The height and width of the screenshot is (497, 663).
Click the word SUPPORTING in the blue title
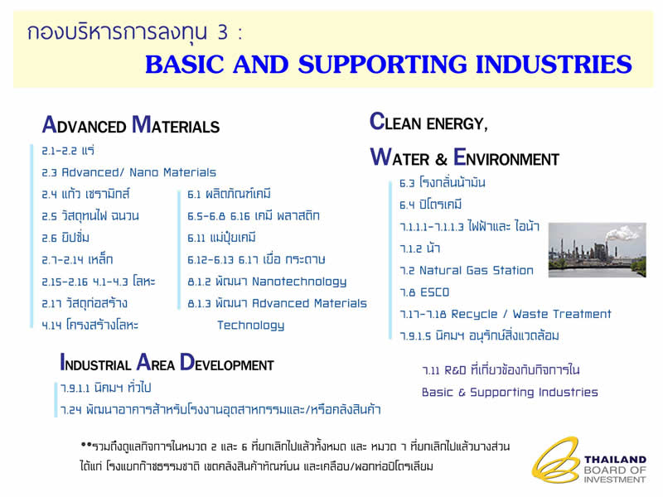[382, 65]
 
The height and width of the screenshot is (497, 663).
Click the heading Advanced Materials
[131, 125]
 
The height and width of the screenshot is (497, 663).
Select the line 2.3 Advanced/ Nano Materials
[128, 172]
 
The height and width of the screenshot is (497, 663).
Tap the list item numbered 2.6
[65, 238]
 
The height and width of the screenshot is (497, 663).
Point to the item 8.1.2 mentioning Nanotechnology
[267, 282]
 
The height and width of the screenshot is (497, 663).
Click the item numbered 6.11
[221, 238]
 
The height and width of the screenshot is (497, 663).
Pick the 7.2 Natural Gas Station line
[467, 271]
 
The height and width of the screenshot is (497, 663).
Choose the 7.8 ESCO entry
[424, 292]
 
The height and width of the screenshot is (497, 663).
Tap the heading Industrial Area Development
[167, 363]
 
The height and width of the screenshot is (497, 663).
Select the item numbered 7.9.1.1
[106, 388]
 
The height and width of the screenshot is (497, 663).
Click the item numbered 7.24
[220, 409]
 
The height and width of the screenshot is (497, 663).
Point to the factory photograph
[597, 250]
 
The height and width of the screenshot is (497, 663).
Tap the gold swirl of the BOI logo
[555, 461]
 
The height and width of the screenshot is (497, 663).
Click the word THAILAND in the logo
[615, 460]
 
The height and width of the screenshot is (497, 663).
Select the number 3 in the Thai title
[222, 32]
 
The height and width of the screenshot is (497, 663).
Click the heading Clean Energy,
[428, 122]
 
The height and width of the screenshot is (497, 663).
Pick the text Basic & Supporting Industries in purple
[510, 392]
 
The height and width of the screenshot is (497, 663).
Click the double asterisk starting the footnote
[86, 445]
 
